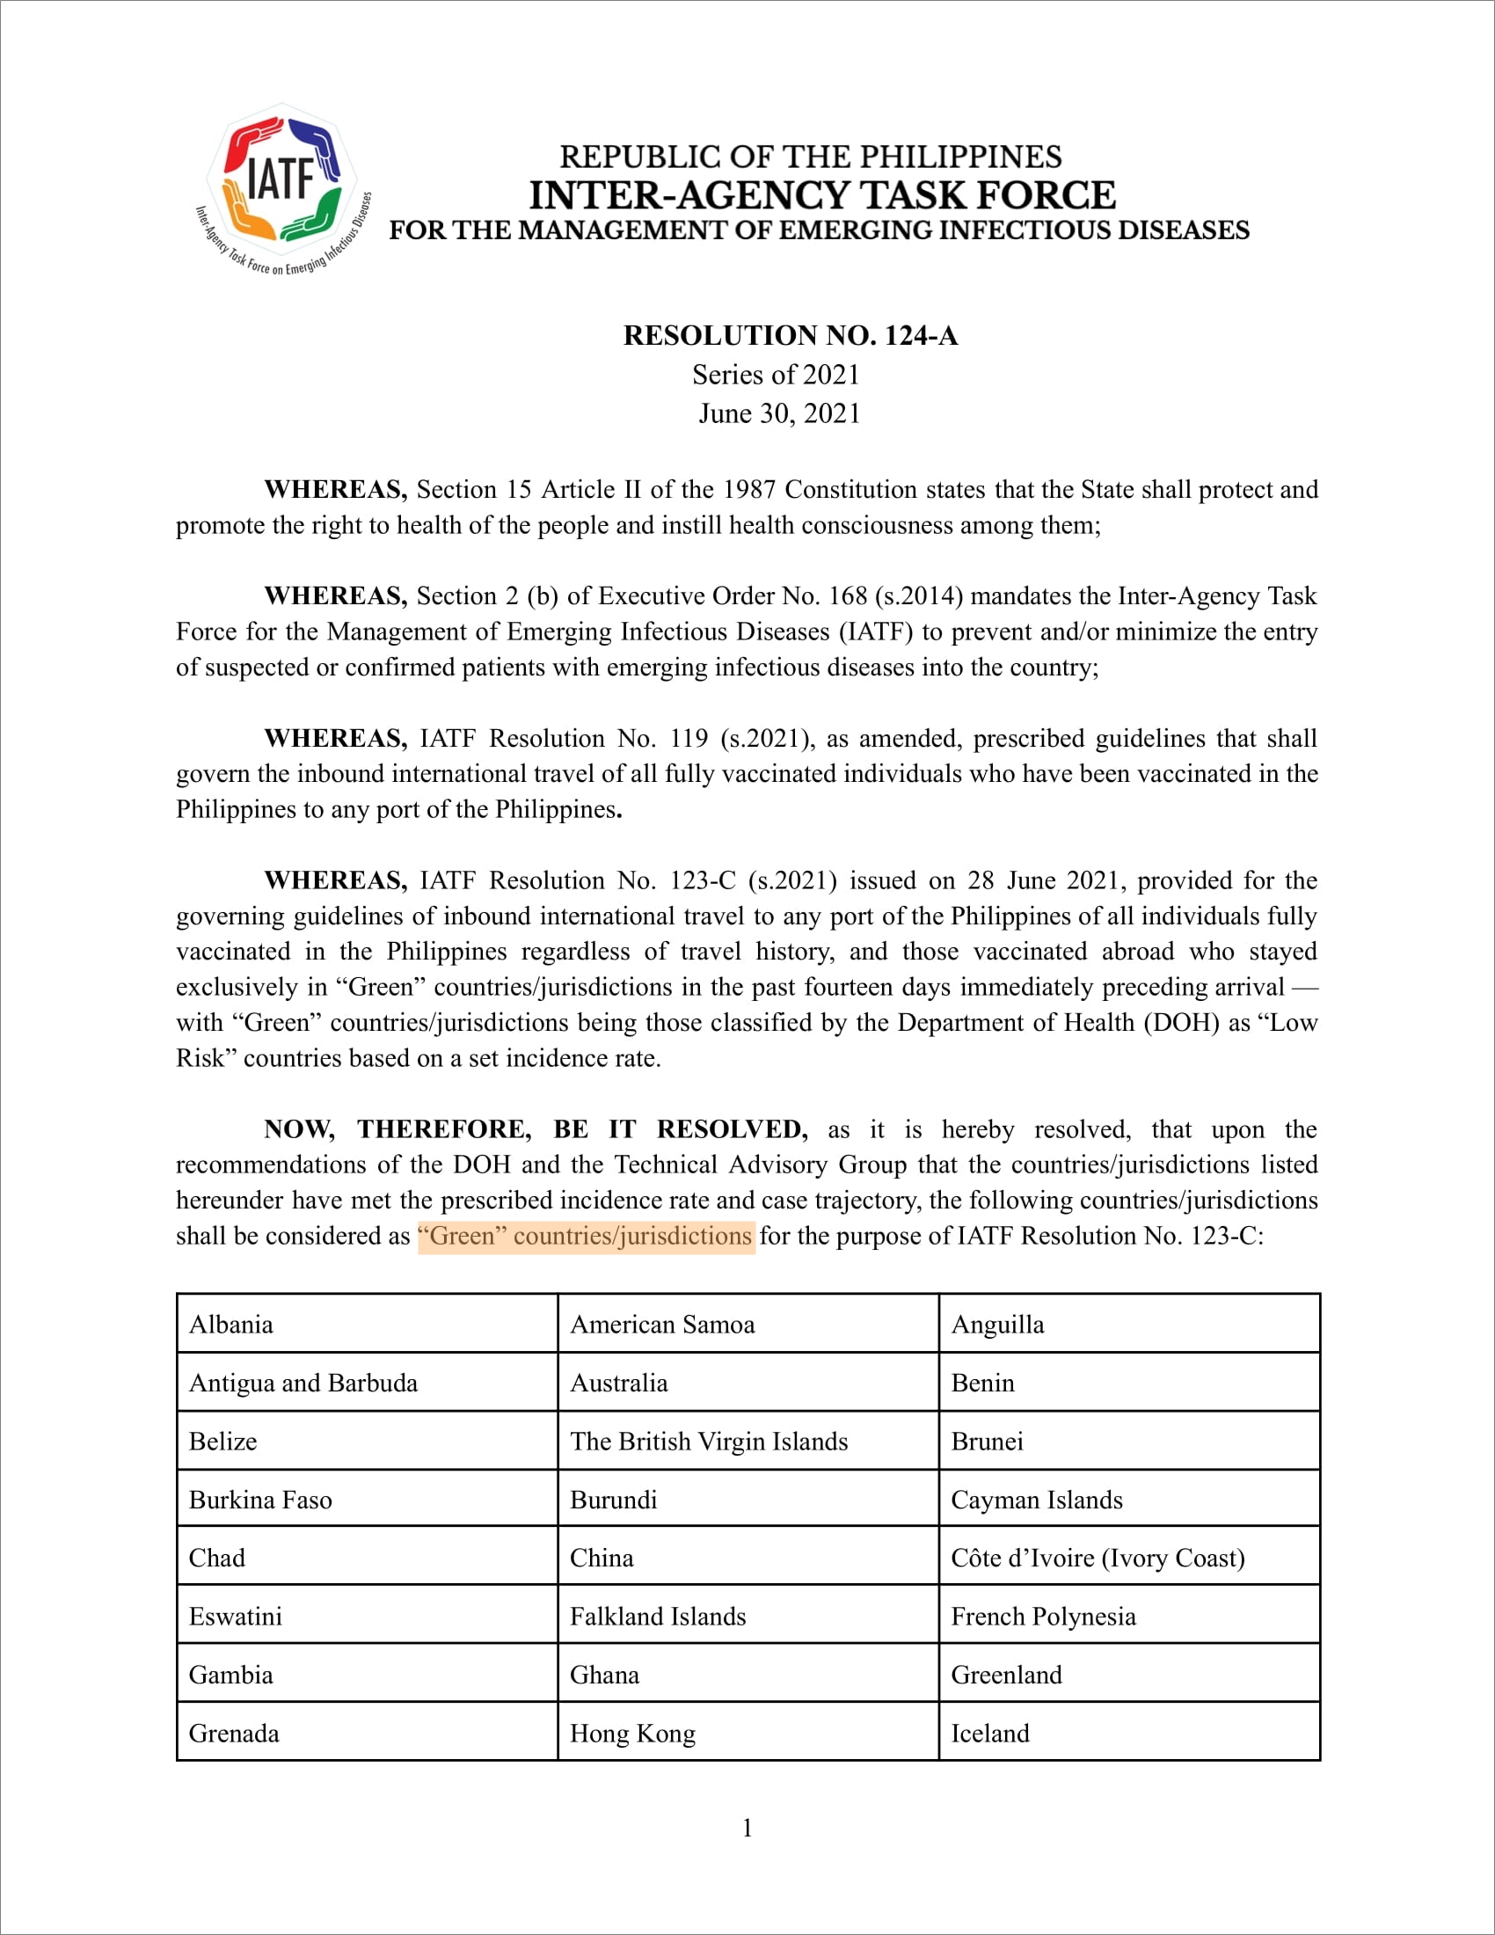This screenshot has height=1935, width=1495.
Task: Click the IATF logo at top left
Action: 281,188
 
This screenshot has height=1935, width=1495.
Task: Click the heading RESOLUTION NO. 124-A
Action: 790,336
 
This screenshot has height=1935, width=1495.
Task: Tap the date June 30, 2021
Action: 779,413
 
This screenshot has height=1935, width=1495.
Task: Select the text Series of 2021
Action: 776,375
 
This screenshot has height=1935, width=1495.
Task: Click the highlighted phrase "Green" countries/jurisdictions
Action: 586,1236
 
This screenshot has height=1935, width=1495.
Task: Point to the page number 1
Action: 747,1828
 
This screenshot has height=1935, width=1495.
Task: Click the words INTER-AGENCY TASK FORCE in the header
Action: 822,195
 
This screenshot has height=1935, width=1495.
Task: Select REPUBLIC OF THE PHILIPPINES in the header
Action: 811,157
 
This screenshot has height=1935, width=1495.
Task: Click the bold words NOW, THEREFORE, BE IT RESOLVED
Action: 536,1129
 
